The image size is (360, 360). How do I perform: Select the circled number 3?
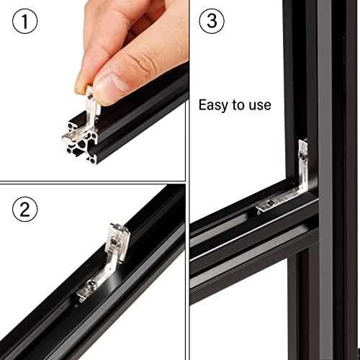point(211,22)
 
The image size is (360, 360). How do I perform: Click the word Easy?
point(214,105)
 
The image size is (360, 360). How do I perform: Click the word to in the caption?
point(238,105)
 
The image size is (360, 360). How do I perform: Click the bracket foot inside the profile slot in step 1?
point(72,134)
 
